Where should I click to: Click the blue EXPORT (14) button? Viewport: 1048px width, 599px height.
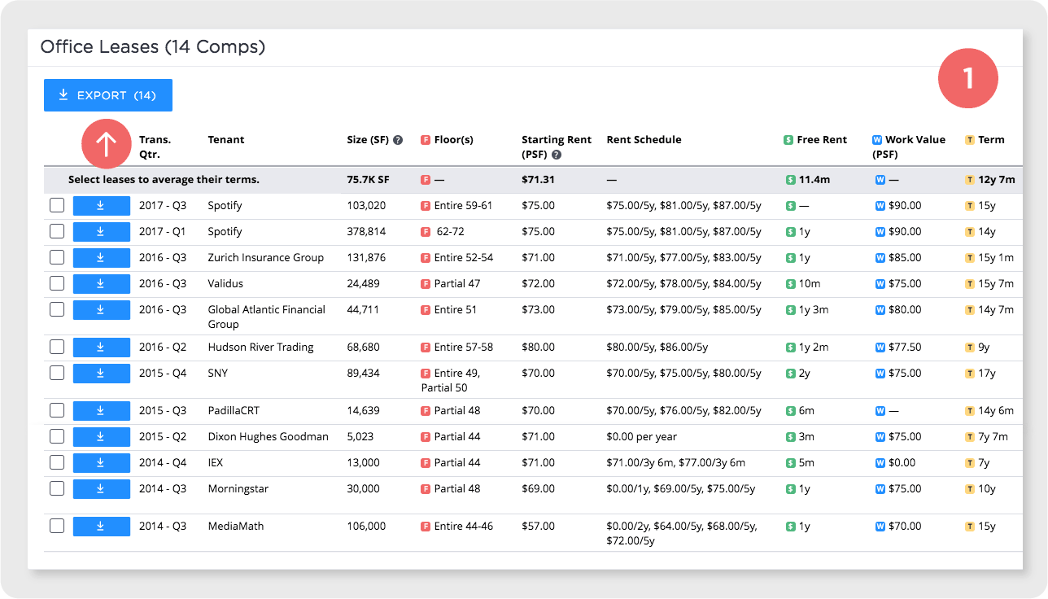(x=107, y=95)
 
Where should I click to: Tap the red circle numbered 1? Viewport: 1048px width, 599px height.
(x=968, y=78)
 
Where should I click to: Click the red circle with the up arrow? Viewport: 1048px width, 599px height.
(x=107, y=144)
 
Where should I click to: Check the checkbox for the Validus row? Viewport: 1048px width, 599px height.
(x=57, y=284)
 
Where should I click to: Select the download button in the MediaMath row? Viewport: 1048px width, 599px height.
(x=101, y=526)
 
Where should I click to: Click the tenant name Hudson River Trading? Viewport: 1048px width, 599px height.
(x=261, y=348)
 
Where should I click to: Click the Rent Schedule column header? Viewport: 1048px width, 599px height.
(x=644, y=140)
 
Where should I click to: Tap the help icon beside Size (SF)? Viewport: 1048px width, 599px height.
(x=398, y=140)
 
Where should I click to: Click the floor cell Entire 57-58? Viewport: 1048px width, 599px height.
(x=463, y=348)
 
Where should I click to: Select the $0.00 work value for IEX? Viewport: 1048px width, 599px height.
(x=902, y=463)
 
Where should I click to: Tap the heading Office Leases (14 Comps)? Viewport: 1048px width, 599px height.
(x=153, y=47)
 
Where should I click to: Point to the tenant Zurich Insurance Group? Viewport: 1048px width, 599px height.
(x=265, y=258)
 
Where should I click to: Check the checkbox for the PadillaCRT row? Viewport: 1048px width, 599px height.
(x=57, y=411)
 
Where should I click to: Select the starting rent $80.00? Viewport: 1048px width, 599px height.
(x=538, y=348)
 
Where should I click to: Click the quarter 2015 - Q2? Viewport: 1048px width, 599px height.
(x=163, y=437)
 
